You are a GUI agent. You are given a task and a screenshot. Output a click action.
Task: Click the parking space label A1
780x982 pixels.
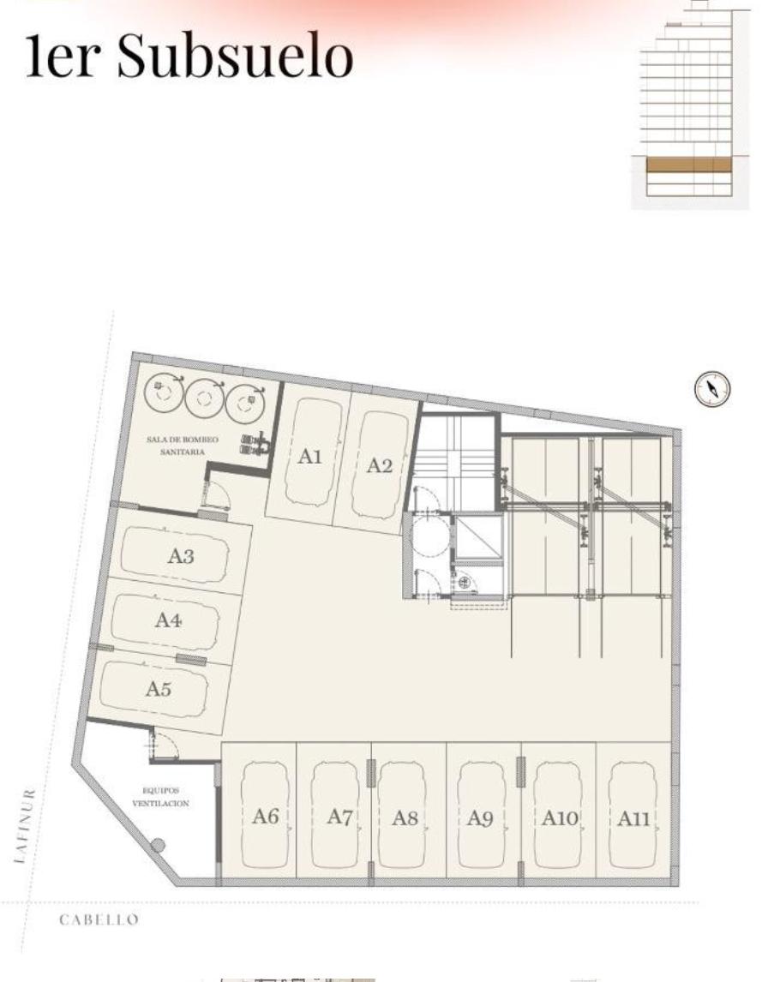[309, 456]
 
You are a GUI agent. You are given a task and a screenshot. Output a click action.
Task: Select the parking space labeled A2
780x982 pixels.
[379, 465]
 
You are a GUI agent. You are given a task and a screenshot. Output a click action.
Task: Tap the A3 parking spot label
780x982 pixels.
[181, 555]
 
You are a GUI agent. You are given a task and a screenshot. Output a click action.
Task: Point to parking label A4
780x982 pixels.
[168, 620]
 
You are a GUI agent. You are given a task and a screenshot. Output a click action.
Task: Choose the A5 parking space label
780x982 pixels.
[158, 688]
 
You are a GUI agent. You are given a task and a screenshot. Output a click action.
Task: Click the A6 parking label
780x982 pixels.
[265, 816]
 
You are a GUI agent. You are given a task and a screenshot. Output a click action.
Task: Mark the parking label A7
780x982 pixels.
[340, 817]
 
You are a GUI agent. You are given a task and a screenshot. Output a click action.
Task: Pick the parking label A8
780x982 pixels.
[405, 818]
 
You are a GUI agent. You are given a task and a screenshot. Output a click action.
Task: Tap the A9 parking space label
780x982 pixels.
[480, 818]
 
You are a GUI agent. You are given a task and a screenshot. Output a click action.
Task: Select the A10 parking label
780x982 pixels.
[560, 818]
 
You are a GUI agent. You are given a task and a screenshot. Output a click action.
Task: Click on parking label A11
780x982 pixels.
[633, 818]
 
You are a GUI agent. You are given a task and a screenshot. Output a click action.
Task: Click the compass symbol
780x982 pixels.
[712, 388]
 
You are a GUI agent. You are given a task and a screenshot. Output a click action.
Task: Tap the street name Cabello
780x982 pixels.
[99, 919]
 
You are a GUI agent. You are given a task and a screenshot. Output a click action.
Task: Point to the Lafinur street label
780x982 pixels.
[25, 826]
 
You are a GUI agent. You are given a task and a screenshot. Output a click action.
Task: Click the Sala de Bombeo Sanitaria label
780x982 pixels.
[183, 446]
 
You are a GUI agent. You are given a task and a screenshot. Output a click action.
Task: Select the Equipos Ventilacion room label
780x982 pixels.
[161, 797]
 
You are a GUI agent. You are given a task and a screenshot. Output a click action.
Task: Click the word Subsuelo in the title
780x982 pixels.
[236, 55]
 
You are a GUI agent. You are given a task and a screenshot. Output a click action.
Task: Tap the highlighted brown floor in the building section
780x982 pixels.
[688, 165]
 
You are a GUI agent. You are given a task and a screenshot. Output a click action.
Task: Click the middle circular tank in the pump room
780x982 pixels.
[204, 397]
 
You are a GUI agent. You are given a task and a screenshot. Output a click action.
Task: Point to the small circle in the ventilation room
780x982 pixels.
[158, 846]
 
